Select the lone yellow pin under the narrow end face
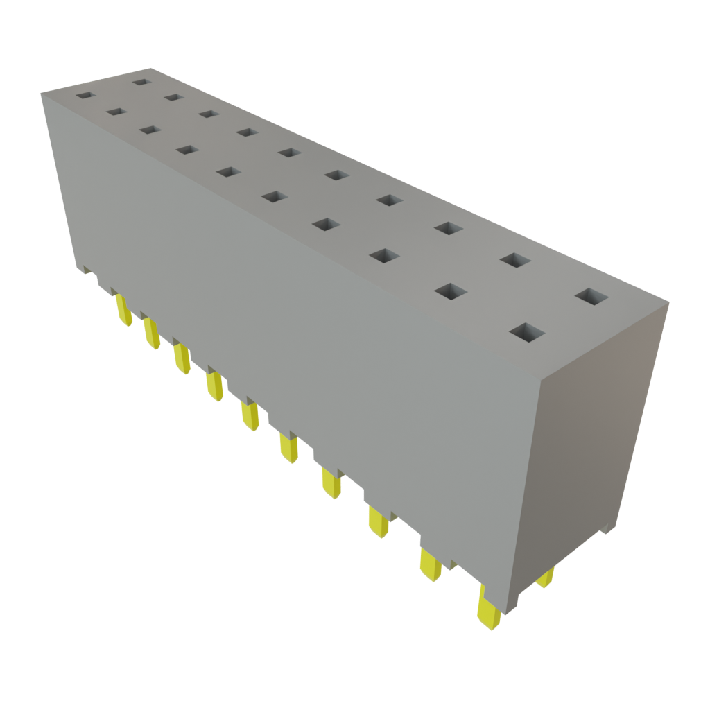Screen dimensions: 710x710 tap(546, 577)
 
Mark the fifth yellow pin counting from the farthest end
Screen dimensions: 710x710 tap(250, 415)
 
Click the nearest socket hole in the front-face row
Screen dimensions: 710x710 tap(527, 333)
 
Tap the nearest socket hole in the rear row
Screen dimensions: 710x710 tap(591, 297)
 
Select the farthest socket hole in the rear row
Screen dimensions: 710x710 tap(141, 82)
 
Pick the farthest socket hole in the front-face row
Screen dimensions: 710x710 tap(85, 95)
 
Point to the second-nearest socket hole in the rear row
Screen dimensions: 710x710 tap(514, 261)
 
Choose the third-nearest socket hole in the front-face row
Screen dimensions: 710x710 tap(383, 256)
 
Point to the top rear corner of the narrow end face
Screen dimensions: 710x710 tap(668, 302)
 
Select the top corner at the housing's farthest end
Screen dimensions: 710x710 tap(42, 92)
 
